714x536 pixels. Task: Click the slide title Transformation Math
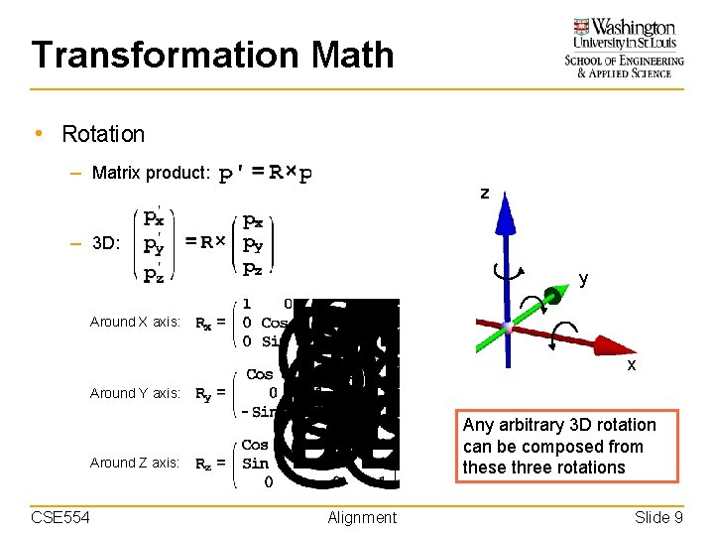click(212, 55)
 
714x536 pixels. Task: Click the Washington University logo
click(624, 48)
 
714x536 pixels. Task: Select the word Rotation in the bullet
click(103, 134)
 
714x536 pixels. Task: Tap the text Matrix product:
click(151, 173)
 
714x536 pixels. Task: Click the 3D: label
click(106, 242)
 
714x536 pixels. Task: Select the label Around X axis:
click(135, 322)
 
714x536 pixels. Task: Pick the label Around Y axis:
click(135, 393)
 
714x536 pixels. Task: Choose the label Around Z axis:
click(135, 463)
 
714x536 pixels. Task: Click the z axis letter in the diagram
click(484, 193)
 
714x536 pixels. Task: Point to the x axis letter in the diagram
click(631, 365)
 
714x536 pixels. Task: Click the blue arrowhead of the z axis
click(506, 205)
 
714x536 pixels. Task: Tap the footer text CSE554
click(61, 517)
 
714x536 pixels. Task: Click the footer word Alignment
click(362, 517)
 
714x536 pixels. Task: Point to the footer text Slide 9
click(658, 517)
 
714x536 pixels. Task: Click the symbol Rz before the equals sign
click(202, 464)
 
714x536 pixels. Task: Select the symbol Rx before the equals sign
click(202, 323)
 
